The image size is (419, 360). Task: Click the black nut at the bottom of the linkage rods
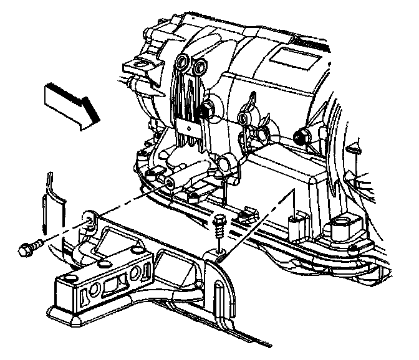coord(205,111)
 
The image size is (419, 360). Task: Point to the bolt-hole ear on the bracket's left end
coord(89,218)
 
